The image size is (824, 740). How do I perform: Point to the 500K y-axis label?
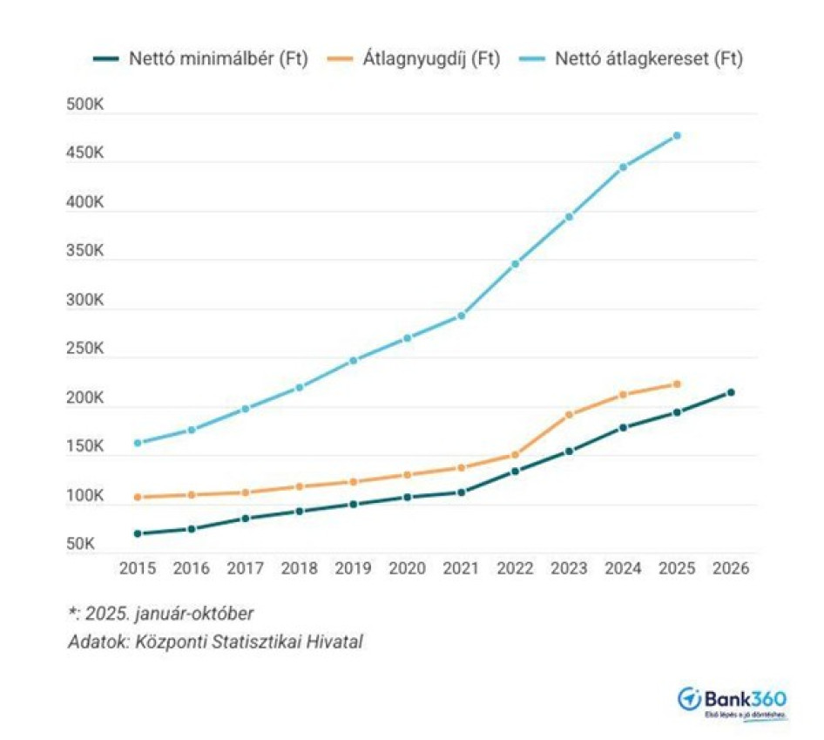[85, 105]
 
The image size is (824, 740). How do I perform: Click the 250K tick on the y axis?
[85, 350]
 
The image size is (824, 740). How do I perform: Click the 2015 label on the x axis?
[138, 568]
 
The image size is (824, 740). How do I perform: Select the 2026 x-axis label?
[731, 568]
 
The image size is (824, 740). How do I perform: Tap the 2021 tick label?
[461, 568]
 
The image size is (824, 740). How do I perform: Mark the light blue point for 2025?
[677, 136]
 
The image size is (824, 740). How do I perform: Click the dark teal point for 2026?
[731, 393]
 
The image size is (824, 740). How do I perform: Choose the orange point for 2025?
[677, 384]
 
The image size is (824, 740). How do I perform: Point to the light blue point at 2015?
[138, 443]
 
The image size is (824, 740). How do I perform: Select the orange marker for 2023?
[569, 415]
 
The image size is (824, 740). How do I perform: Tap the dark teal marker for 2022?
[515, 472]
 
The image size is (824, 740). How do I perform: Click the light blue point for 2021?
[461, 316]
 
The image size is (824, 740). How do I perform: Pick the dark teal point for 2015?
[138, 533]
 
